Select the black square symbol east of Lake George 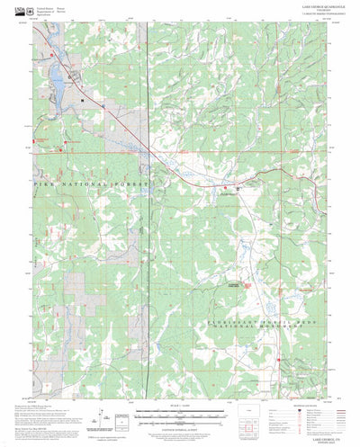point(83,100)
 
